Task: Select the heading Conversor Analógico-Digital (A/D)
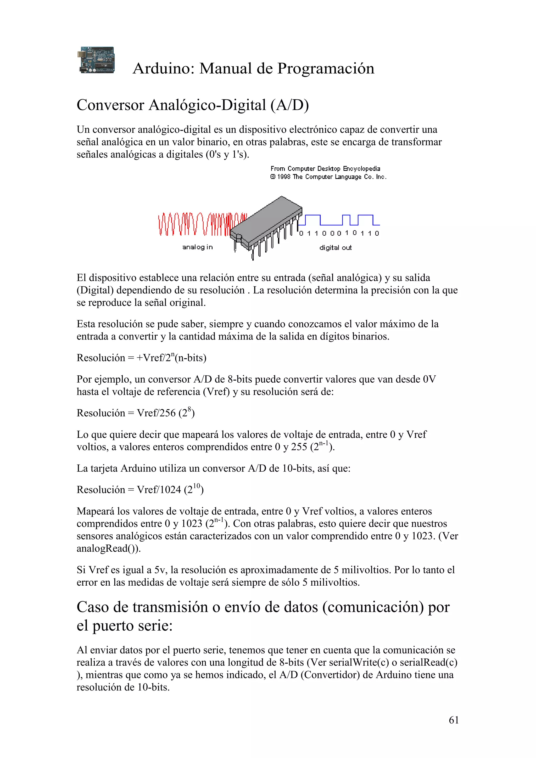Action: coord(193,105)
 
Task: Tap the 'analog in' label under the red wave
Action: coord(198,247)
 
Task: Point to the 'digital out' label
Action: coord(335,248)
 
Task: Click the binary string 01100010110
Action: coord(339,233)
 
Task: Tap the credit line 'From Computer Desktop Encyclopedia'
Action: coord(325,169)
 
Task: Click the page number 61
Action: coord(454,720)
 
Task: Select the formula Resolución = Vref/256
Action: coord(135,413)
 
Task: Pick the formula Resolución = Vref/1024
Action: coord(140,490)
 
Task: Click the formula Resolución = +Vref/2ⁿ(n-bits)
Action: coord(141,358)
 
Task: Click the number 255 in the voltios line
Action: coord(299,447)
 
